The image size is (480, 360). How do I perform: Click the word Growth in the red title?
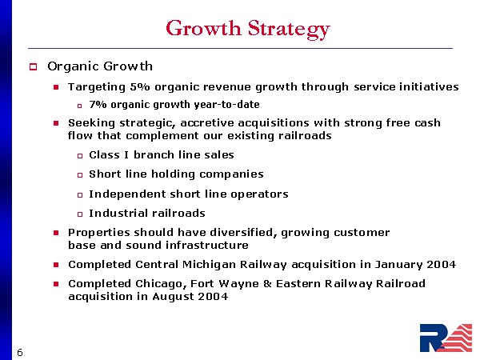pos(203,29)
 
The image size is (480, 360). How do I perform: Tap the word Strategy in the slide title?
pos(289,30)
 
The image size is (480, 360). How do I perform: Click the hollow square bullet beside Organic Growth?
pos(33,66)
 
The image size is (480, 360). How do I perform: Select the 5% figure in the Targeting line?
pos(140,86)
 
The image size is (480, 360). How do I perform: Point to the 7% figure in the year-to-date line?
pos(98,104)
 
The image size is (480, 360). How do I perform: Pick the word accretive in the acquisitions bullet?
pos(207,122)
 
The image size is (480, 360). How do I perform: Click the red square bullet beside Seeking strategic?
pos(56,123)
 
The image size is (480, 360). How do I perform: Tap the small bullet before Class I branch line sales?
pos(80,156)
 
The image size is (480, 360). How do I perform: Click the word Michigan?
pos(210,265)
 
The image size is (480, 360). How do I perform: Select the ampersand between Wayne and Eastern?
pos(267,284)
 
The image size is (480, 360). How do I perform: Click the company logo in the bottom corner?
pos(446,338)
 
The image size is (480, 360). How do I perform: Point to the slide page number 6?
pos(20,353)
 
